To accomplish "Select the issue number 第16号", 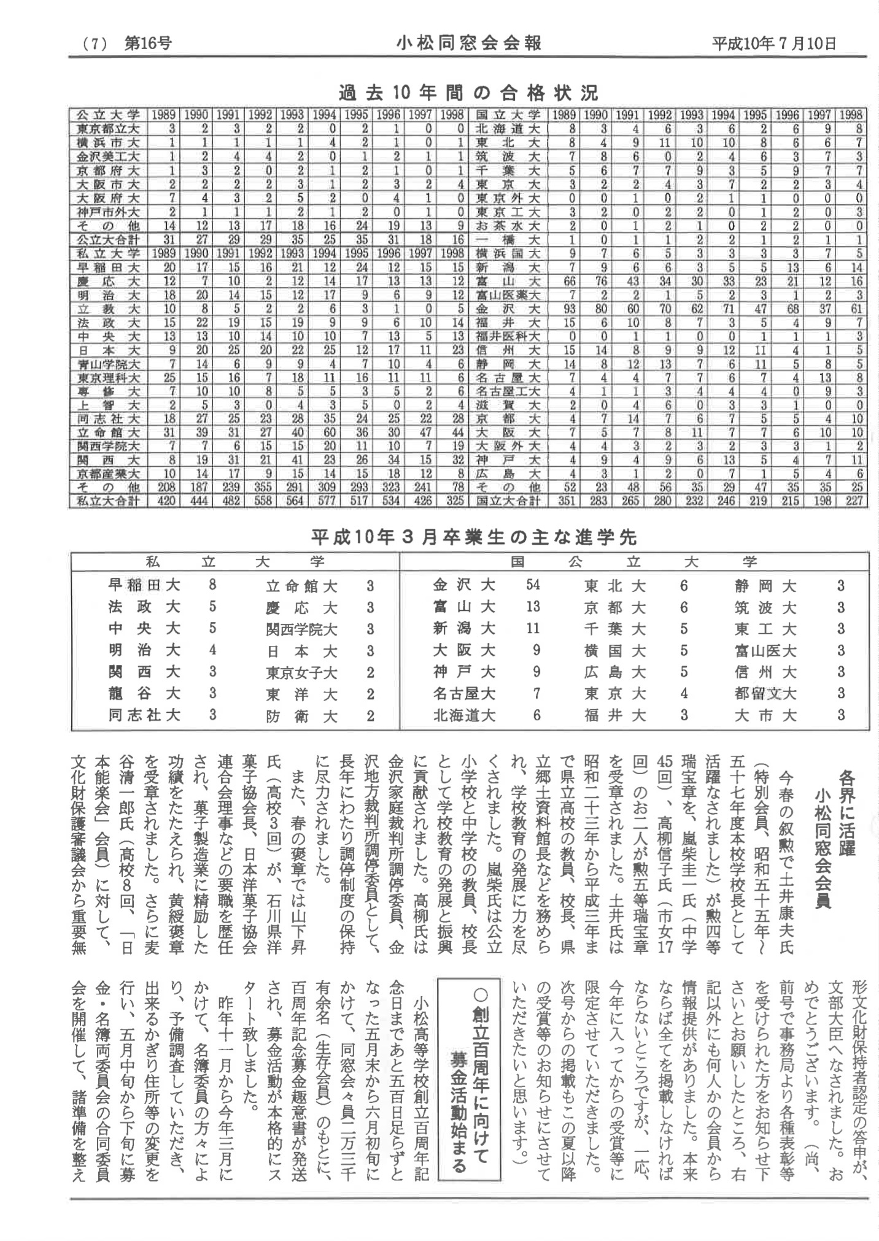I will [148, 44].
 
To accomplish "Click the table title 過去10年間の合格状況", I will [468, 93].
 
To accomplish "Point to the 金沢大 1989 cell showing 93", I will [569, 309].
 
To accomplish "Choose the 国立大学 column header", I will [508, 115].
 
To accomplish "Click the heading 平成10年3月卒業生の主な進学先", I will [474, 538].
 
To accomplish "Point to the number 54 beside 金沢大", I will [532, 585].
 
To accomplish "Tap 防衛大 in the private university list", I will [301, 716].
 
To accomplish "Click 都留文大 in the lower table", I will [765, 693].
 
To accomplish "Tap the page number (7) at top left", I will [95, 44].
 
